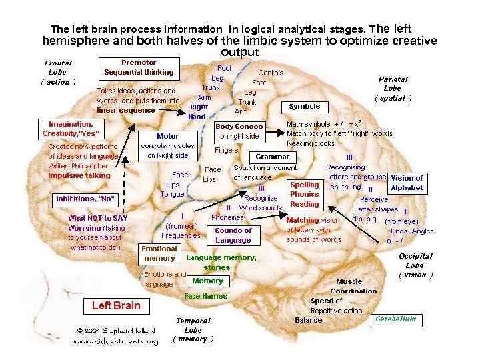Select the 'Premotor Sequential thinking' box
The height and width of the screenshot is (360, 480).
[139, 67]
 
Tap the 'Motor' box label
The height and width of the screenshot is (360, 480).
[167, 136]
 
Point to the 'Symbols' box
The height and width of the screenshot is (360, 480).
[304, 107]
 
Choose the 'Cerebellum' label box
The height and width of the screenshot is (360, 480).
[395, 319]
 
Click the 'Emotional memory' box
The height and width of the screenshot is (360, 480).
[159, 253]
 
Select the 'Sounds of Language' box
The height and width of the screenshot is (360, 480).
[233, 235]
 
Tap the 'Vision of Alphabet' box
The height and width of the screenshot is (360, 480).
[407, 183]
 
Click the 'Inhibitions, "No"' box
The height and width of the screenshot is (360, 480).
[85, 199]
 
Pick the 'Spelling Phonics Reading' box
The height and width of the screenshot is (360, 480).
[304, 194]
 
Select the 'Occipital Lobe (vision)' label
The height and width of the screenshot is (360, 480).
[416, 265]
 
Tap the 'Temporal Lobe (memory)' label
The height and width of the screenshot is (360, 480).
[193, 329]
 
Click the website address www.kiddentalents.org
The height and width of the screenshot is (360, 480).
[115, 341]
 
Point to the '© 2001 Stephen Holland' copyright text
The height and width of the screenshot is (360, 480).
[116, 331]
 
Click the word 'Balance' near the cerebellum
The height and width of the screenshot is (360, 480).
[308, 320]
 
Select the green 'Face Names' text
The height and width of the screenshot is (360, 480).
[205, 296]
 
